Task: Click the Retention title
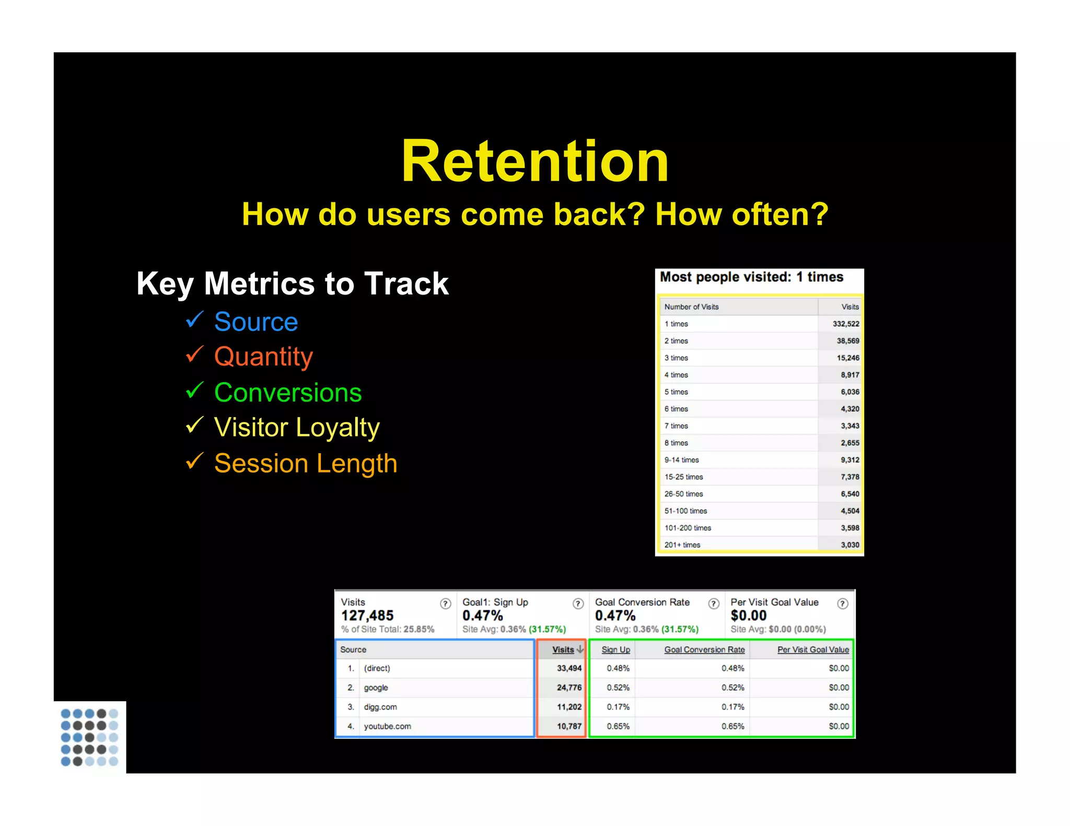tap(534, 161)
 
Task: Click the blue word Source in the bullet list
tap(256, 322)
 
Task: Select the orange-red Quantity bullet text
tap(263, 357)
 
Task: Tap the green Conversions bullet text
tap(288, 393)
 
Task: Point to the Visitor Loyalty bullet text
tap(297, 428)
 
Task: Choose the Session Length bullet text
tap(306, 464)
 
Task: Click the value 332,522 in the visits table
tap(845, 324)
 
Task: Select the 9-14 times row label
tap(681, 460)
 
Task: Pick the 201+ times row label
tap(682, 545)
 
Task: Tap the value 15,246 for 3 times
tap(847, 358)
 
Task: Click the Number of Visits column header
tap(691, 307)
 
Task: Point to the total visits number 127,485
tap(367, 616)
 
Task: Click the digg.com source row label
tap(380, 707)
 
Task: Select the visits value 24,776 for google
tap(568, 688)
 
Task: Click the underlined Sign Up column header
tap(615, 650)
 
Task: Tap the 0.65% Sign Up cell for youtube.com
tap(618, 726)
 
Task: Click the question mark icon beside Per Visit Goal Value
tap(842, 604)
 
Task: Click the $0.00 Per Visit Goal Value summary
tap(748, 616)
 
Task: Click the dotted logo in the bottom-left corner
tap(89, 737)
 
